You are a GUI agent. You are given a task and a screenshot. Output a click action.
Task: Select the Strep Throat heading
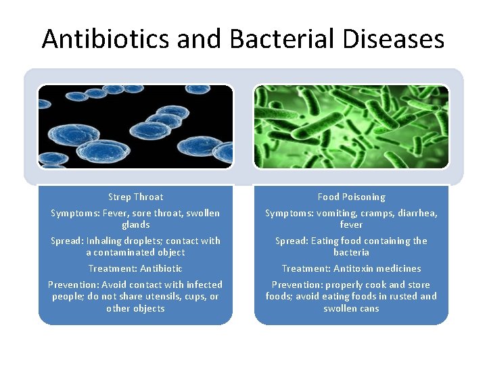(x=135, y=197)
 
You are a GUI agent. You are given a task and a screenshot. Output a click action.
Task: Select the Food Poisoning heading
(x=351, y=197)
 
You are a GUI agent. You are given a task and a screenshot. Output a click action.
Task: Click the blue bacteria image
(x=135, y=126)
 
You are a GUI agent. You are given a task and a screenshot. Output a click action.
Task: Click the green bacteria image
(x=351, y=126)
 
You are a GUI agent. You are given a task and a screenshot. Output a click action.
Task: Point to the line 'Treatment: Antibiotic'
(x=135, y=268)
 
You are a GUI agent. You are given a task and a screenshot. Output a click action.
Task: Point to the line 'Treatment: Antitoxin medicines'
(x=351, y=268)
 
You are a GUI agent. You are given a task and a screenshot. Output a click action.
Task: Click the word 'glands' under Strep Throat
(x=135, y=224)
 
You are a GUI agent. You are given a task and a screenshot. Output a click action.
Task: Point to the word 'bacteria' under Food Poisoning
(x=351, y=252)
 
